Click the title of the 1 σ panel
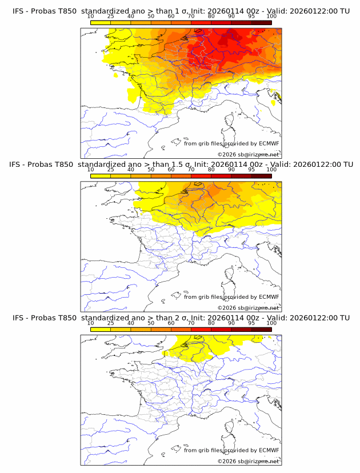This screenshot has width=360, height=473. tap(181, 11)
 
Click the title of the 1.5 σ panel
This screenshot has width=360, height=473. tap(181, 164)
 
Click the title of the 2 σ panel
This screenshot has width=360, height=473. tap(181, 318)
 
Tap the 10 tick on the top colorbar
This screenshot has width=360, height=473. tap(91, 17)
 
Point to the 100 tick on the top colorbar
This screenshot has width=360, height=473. tap(271, 17)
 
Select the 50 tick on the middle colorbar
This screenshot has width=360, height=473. tap(151, 170)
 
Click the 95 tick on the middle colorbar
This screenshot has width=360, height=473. tap(251, 170)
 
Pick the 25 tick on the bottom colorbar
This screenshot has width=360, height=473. tap(111, 323)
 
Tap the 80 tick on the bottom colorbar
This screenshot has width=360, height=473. tap(211, 323)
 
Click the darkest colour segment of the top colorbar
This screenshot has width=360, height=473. tap(261, 22)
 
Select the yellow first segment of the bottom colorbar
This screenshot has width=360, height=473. tap(101, 330)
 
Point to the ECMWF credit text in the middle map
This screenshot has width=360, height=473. tap(231, 297)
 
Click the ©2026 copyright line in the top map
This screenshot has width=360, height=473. tap(248, 155)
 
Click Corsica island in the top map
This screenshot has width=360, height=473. tap(230, 122)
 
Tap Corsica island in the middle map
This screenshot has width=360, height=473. tap(230, 275)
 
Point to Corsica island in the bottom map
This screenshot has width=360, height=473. tap(230, 429)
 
